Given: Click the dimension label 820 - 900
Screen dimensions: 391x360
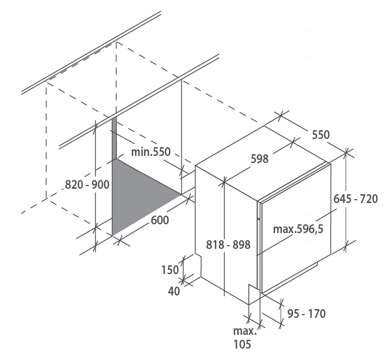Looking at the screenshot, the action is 87,184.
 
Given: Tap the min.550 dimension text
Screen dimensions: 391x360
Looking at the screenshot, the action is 151,152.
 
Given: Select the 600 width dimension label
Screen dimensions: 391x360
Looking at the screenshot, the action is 160,220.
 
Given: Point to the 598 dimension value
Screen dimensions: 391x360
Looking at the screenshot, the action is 259,159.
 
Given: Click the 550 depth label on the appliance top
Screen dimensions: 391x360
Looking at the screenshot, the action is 320,135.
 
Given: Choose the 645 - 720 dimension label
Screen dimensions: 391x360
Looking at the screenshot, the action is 355,199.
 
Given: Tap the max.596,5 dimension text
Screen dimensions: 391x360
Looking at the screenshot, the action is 298,229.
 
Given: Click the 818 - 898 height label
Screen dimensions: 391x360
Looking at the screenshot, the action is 228,245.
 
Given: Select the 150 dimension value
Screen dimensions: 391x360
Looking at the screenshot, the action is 170,270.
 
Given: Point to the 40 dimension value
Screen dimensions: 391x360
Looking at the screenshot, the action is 174,291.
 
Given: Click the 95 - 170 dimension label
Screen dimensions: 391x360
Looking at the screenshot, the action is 306,313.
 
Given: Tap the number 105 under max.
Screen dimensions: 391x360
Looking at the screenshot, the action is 242,344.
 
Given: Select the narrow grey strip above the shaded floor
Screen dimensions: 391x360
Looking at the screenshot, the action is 114,138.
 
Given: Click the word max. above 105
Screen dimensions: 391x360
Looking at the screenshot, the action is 244,332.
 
